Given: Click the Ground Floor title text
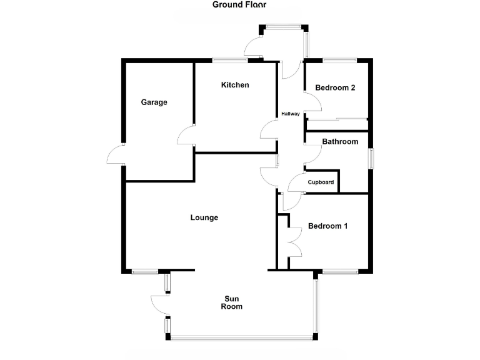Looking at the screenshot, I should pyautogui.click(x=239, y=5).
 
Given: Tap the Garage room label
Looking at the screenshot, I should pyautogui.click(x=154, y=102).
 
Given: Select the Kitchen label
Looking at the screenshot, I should pyautogui.click(x=235, y=85).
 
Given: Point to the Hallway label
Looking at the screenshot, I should pyautogui.click(x=291, y=114).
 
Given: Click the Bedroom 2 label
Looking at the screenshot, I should pyautogui.click(x=335, y=87).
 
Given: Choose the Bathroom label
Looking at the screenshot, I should pyautogui.click(x=340, y=142).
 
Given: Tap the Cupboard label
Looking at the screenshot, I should pyautogui.click(x=321, y=182).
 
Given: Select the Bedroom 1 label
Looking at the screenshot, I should pyautogui.click(x=327, y=226).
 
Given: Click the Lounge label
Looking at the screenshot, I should pyautogui.click(x=204, y=217).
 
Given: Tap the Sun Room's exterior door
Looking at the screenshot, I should pyautogui.click(x=160, y=304).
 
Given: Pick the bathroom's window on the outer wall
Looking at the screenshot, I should pyautogui.click(x=371, y=157).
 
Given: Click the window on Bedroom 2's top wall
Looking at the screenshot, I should pyautogui.click(x=339, y=60).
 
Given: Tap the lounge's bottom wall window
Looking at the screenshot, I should pyautogui.click(x=144, y=271).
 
